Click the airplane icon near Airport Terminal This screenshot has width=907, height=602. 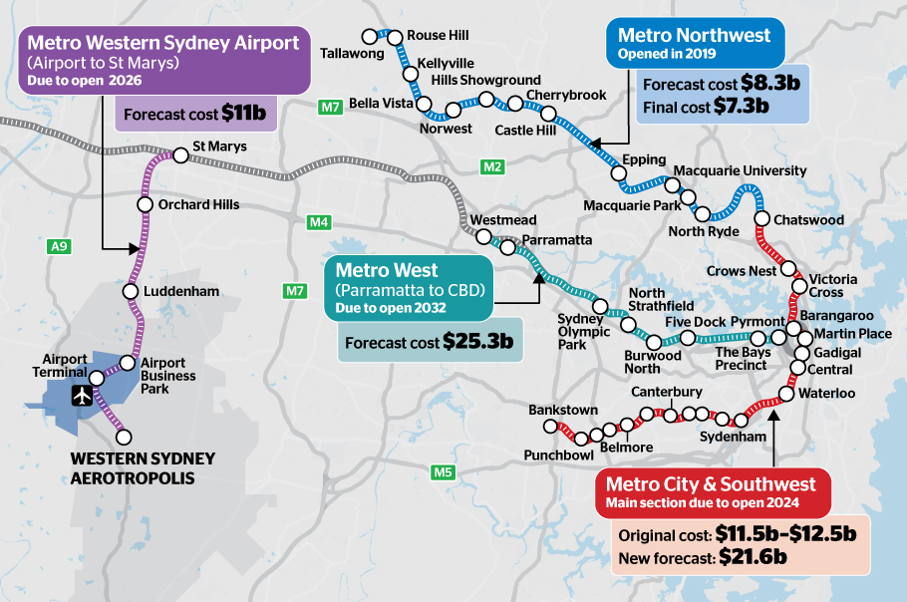point(82,396)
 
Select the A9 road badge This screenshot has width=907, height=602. point(59,244)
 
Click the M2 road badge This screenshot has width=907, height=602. point(492,166)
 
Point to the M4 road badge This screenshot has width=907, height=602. point(319,222)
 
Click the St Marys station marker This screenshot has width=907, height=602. point(180,154)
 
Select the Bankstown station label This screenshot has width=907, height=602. point(563,410)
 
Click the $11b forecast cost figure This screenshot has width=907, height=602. point(243,114)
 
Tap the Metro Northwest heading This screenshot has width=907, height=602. point(694,35)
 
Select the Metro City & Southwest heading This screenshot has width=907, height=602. point(711,484)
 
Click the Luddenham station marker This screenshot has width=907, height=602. point(130,292)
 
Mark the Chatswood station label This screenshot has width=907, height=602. point(808,219)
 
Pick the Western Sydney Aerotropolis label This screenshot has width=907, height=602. point(143,468)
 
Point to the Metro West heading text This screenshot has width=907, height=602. point(386,270)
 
